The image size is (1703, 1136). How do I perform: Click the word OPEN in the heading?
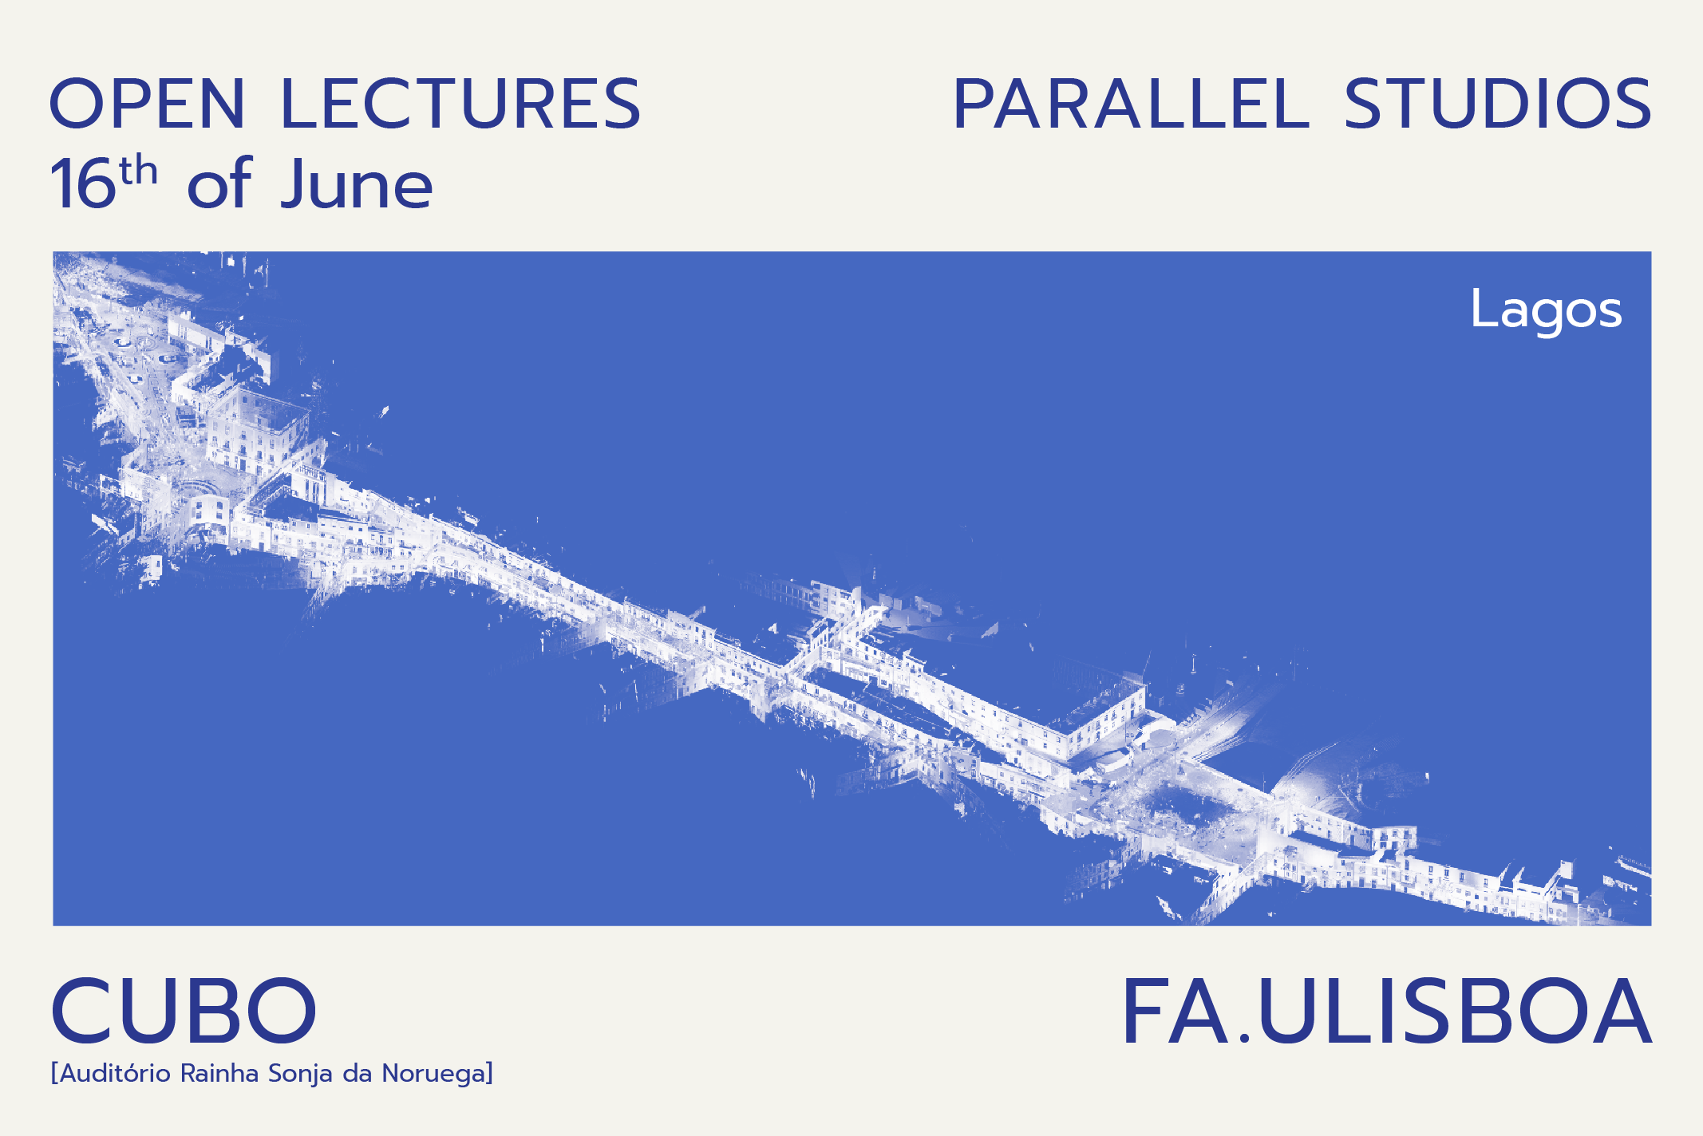148,104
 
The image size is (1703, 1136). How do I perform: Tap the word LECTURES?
461,104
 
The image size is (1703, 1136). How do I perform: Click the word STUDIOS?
1498,104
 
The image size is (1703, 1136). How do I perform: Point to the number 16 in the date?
83,184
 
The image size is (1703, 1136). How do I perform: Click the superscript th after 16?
138,172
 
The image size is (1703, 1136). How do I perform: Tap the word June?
357,184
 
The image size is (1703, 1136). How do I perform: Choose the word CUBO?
184,1011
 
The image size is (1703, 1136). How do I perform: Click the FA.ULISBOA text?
1387,1011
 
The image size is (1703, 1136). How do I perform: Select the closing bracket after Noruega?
489,1074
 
